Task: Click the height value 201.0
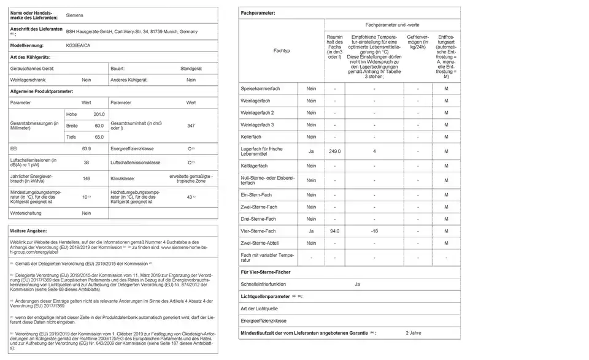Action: click(99, 114)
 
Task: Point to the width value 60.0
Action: click(99, 125)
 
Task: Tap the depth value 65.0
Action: click(99, 137)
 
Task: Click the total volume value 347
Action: click(191, 125)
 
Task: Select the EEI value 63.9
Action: click(87, 149)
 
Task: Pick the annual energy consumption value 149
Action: click(87, 178)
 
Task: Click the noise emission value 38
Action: click(87, 163)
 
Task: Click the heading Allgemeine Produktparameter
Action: click(42, 91)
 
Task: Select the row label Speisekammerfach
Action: click(260, 90)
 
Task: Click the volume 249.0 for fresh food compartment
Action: click(334, 151)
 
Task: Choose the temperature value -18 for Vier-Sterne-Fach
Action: click(374, 231)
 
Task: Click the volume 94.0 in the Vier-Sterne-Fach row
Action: click(334, 231)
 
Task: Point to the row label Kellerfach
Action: click(252, 136)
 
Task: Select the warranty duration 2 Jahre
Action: click(414, 332)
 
